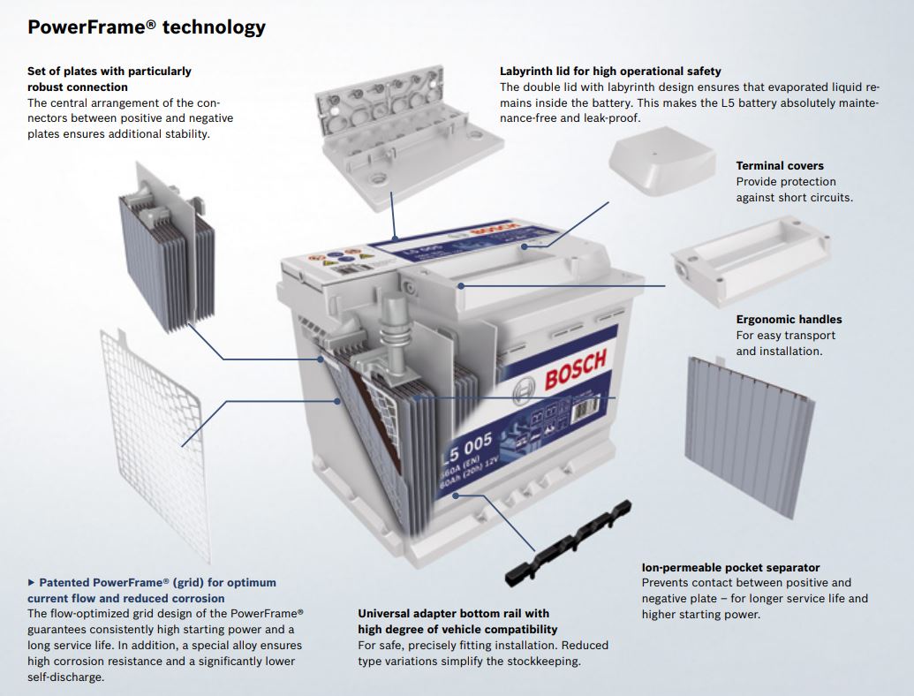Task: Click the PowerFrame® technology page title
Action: [x=146, y=27]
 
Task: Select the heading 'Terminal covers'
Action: [x=779, y=166]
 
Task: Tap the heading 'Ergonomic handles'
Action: [x=789, y=320]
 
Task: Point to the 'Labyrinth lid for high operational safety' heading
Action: [x=610, y=71]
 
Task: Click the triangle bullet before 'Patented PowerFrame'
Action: [x=32, y=583]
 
